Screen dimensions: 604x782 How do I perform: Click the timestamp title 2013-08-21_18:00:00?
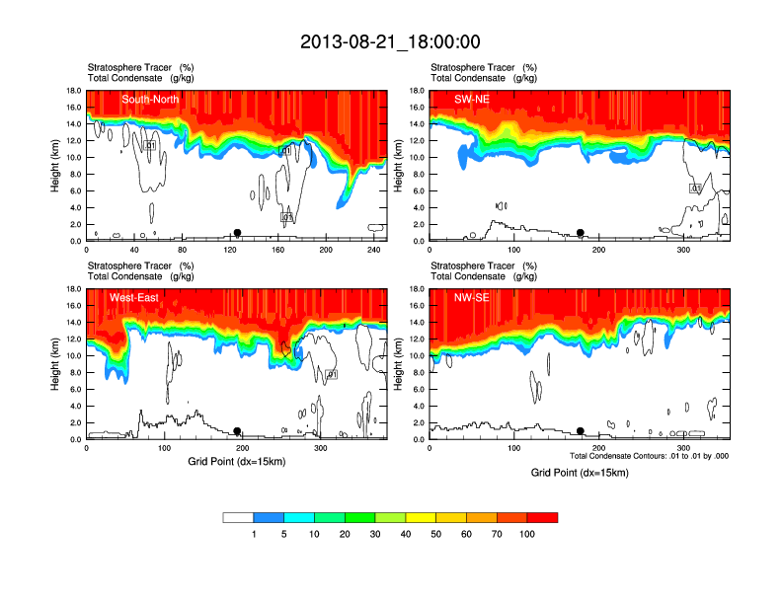point(390,41)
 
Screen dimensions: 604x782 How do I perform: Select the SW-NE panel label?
point(472,100)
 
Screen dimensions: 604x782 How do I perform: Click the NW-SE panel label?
point(472,298)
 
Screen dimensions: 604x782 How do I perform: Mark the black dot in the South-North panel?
point(237,233)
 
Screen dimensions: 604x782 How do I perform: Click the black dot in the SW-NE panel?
point(581,233)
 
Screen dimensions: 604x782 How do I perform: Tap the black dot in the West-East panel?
point(237,431)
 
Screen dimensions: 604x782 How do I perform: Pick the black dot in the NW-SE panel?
point(581,431)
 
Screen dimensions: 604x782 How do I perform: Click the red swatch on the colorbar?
point(542,517)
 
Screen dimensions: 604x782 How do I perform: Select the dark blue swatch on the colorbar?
point(269,517)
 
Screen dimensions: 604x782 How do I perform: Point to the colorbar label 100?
point(527,534)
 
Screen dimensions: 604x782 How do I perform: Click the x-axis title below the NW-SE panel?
point(579,473)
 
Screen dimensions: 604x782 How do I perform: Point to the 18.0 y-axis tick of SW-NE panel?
point(417,91)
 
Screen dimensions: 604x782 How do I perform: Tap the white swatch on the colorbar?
point(238,517)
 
